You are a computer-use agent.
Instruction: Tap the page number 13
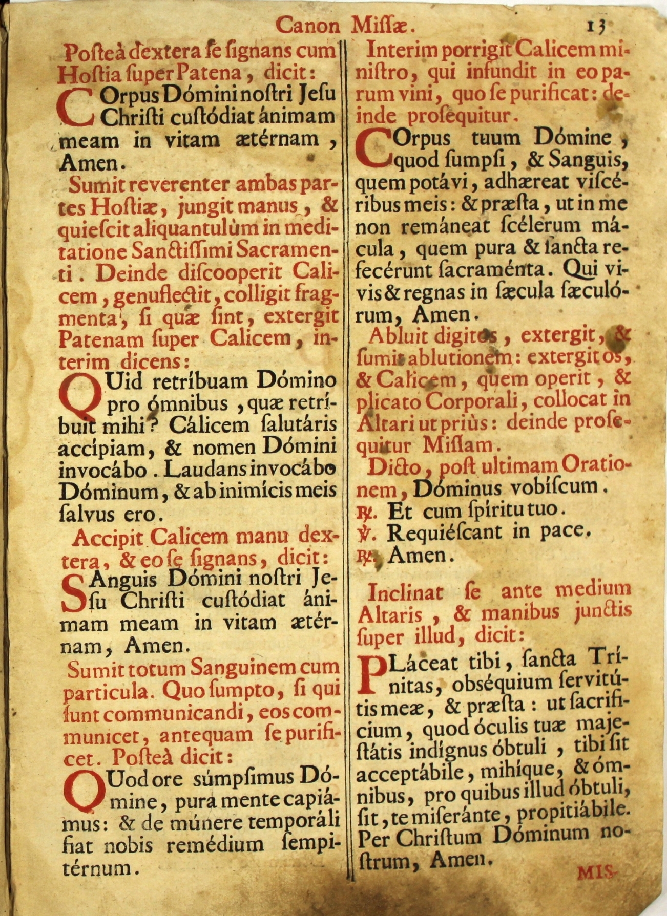(x=597, y=26)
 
